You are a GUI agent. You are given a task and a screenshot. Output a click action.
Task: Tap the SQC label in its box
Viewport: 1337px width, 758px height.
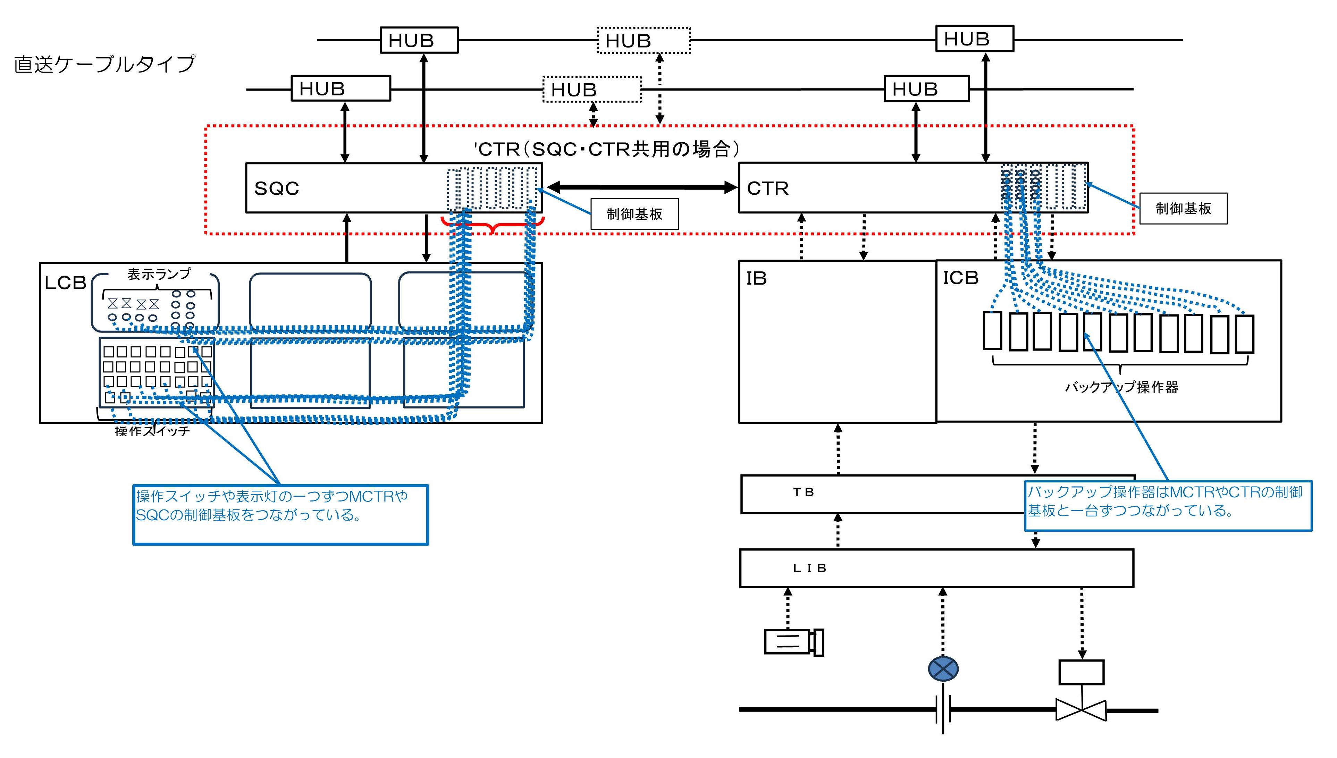[276, 188]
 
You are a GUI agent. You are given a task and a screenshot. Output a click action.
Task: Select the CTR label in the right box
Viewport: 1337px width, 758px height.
[767, 188]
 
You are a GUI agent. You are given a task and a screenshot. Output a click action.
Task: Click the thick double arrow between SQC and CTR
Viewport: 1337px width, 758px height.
[641, 187]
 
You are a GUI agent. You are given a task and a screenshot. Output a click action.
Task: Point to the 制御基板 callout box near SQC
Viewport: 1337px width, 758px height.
[634, 214]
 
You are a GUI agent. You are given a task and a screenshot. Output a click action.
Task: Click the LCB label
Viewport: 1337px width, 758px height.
[65, 283]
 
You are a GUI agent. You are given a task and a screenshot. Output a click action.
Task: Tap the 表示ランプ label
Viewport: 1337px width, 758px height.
[159, 274]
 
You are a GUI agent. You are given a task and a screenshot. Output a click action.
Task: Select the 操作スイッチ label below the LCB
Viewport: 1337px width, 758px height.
[152, 431]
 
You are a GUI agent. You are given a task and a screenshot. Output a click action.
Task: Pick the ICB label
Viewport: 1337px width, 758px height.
[961, 278]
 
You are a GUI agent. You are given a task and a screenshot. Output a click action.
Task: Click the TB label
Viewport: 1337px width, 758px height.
[803, 492]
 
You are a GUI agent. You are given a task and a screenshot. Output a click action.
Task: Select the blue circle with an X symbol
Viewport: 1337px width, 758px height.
[943, 669]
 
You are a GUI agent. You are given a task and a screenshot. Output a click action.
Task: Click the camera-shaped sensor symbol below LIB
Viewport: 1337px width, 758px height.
[793, 642]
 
